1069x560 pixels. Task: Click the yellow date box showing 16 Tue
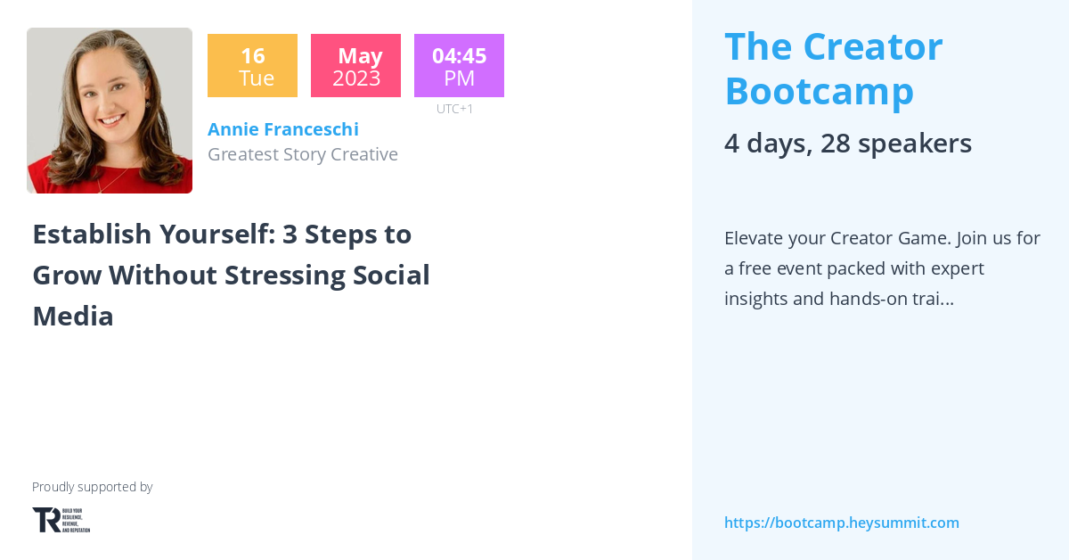252,66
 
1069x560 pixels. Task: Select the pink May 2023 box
355,66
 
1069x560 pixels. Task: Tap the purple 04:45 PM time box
459,66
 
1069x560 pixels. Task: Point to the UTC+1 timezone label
454,109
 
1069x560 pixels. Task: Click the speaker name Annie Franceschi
282,129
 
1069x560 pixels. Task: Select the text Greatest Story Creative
302,154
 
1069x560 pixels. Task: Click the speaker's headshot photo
110,111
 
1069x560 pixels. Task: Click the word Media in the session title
73,316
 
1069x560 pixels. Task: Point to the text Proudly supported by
92,487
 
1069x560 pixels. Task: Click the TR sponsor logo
61,520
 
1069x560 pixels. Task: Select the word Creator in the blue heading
872,47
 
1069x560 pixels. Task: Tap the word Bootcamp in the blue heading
819,90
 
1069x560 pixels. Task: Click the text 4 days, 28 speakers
847,144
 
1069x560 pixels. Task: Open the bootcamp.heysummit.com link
841,523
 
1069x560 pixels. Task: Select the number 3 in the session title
290,235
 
